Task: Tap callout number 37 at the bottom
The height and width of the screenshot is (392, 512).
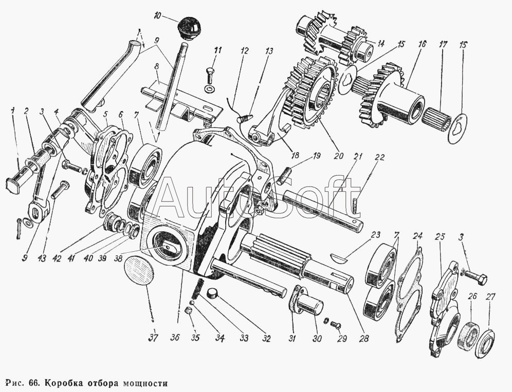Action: pyautogui.click(x=153, y=338)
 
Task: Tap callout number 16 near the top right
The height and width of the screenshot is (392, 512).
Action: pyautogui.click(x=422, y=45)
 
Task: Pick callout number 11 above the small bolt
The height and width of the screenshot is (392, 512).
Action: pyautogui.click(x=218, y=50)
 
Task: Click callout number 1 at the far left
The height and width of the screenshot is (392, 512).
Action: pyautogui.click(x=11, y=109)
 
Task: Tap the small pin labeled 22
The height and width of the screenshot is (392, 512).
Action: pyautogui.click(x=355, y=208)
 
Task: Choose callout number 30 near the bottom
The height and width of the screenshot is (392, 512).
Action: pyautogui.click(x=318, y=339)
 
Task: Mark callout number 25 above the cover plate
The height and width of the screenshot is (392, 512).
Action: pyautogui.click(x=440, y=237)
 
